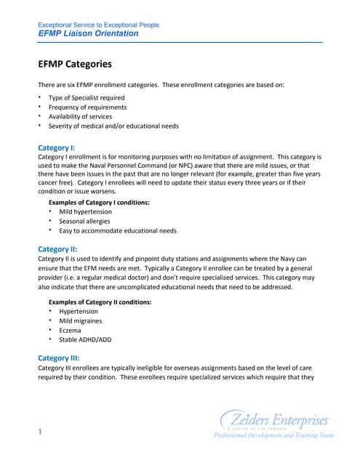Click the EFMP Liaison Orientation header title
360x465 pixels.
(87, 33)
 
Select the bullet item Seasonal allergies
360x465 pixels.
(85, 221)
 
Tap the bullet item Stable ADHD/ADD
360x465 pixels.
(86, 340)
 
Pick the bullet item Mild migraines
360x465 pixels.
(81, 321)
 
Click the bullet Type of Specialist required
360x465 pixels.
(86, 97)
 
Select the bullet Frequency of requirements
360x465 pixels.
(87, 107)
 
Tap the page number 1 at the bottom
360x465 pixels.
(40, 433)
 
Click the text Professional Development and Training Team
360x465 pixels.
(273, 436)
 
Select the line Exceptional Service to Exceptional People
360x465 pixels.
(98, 25)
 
